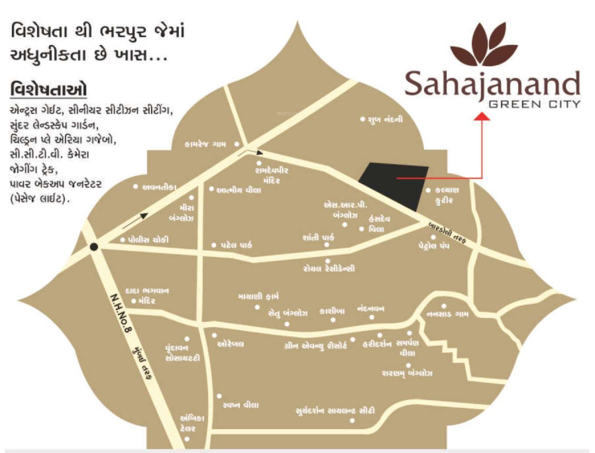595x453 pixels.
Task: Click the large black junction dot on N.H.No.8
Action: [95, 246]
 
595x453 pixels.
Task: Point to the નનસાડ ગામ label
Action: [448, 315]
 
